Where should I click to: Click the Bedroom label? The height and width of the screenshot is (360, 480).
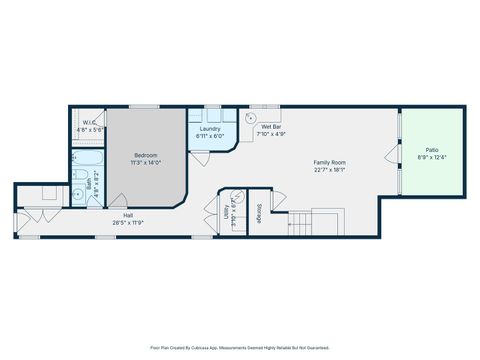click(x=147, y=155)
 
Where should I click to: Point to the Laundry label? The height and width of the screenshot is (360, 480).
click(x=210, y=129)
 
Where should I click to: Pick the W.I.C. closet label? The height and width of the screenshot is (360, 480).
click(x=89, y=123)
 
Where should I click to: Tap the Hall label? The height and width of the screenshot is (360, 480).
click(x=129, y=215)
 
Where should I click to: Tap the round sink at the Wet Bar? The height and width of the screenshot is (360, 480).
click(x=251, y=115)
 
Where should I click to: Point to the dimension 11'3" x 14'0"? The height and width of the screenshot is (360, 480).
click(x=147, y=162)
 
